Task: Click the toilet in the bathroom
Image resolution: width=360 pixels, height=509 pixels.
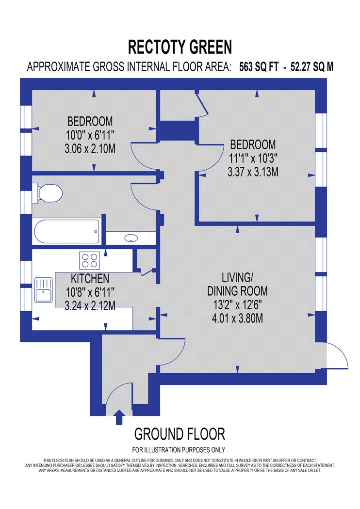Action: click(x=48, y=194)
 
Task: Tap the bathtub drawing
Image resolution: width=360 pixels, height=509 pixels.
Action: click(x=66, y=231)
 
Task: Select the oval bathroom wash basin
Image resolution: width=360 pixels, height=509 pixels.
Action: click(x=131, y=239)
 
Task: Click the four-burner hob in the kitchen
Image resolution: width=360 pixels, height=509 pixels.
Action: click(x=90, y=260)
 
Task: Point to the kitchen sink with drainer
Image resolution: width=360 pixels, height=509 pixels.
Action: click(x=44, y=289)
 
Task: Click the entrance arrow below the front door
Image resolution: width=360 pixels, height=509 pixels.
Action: click(x=119, y=417)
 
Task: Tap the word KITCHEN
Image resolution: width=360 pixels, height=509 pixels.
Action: click(x=90, y=279)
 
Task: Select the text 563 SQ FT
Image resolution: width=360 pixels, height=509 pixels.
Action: click(x=259, y=67)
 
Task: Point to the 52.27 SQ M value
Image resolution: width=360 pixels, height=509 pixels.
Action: click(x=312, y=67)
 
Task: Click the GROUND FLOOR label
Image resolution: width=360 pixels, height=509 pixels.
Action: click(x=180, y=434)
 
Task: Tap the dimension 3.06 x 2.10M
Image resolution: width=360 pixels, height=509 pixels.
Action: click(x=90, y=149)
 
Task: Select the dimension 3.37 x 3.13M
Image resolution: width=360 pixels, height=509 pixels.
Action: click(x=253, y=172)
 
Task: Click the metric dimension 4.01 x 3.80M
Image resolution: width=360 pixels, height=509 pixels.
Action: click(x=238, y=318)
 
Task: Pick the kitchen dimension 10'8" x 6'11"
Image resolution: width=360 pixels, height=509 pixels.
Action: click(x=90, y=292)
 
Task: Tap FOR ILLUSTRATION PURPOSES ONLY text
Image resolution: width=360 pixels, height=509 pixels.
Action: click(x=179, y=450)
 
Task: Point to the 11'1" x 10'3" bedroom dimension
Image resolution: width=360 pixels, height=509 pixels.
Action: click(x=253, y=158)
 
